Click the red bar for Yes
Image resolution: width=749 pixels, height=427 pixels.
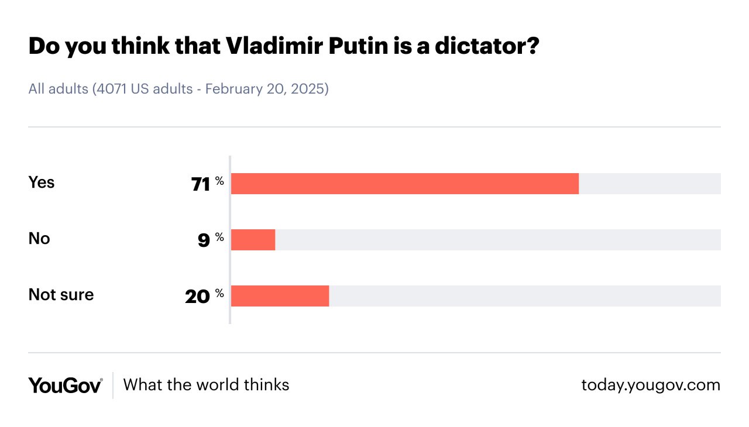pyautogui.click(x=405, y=184)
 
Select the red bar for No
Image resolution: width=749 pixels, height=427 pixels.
pyautogui.click(x=253, y=240)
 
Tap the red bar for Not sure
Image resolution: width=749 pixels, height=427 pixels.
pyautogui.click(x=280, y=296)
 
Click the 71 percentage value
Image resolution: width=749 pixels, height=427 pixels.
pyautogui.click(x=200, y=184)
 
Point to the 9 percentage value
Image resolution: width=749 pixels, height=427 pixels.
pyautogui.click(x=204, y=240)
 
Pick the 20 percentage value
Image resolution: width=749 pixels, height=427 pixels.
pyautogui.click(x=197, y=297)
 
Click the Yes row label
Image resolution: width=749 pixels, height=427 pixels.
pyautogui.click(x=42, y=182)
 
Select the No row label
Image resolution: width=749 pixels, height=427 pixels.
pyautogui.click(x=39, y=239)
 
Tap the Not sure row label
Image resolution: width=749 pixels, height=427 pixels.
pyautogui.click(x=61, y=295)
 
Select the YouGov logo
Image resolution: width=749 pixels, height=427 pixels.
pyautogui.click(x=66, y=385)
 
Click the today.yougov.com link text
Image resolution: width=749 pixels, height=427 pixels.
pyautogui.click(x=651, y=385)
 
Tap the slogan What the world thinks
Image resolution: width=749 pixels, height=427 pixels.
pyautogui.click(x=206, y=384)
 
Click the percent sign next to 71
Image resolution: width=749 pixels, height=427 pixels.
pyautogui.click(x=219, y=181)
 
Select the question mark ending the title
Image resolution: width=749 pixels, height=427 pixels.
pyautogui.click(x=531, y=47)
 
